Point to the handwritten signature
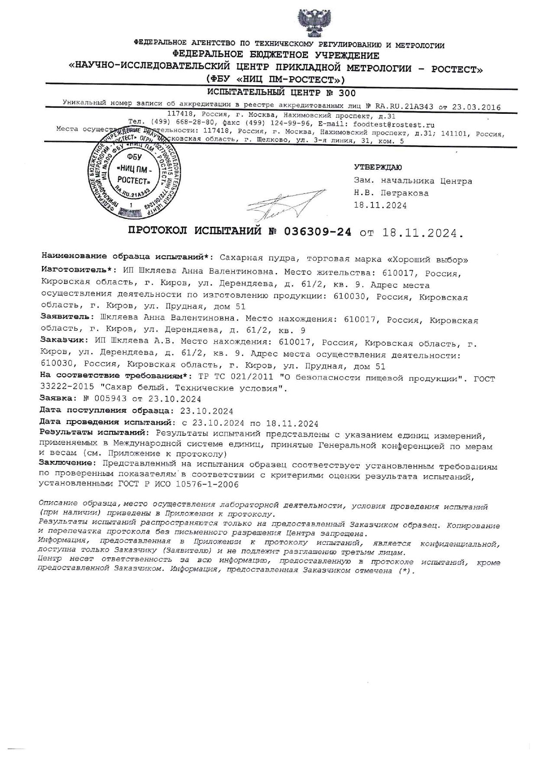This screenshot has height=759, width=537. [284, 204]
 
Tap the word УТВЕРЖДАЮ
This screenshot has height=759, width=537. [378, 167]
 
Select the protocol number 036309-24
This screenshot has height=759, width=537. [317, 232]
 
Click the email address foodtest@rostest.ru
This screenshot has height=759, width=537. [394, 124]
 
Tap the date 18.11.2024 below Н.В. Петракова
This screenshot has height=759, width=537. [380, 206]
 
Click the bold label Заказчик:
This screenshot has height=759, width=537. [65, 340]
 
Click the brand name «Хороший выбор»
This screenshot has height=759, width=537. [427, 260]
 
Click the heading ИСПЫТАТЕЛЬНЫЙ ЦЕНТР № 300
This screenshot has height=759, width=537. [281, 93]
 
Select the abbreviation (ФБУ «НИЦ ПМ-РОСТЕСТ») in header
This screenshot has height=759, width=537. [276, 80]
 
